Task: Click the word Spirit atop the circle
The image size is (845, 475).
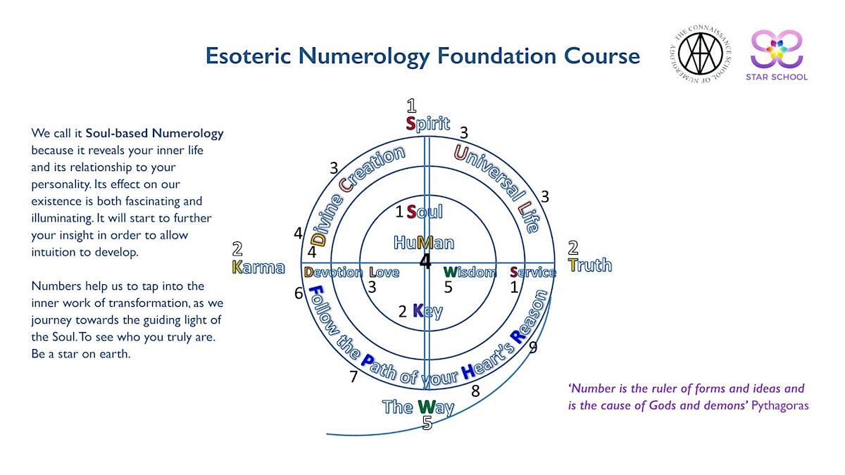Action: (427, 124)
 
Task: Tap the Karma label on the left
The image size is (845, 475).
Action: (258, 267)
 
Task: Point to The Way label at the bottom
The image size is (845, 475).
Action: (418, 407)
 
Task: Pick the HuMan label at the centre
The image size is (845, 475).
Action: (424, 243)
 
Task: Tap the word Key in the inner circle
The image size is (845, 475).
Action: (427, 310)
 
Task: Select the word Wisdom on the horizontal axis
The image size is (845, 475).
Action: (470, 272)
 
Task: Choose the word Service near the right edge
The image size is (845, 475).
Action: (533, 272)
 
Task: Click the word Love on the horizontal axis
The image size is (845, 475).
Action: (384, 272)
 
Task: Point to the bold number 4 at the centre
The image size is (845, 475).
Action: (425, 262)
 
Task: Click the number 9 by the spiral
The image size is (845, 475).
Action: (533, 347)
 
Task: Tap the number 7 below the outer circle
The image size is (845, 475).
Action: (353, 377)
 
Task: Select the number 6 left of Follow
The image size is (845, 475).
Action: (299, 293)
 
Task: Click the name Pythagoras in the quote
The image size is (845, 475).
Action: (780, 406)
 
